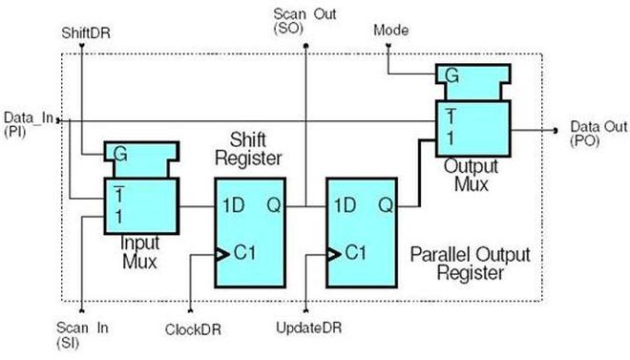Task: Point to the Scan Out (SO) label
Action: (303, 21)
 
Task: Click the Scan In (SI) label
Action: (79, 334)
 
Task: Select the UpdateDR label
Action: (308, 328)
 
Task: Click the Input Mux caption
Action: (141, 250)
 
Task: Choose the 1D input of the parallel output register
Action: (345, 203)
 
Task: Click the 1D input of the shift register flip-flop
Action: (230, 203)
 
